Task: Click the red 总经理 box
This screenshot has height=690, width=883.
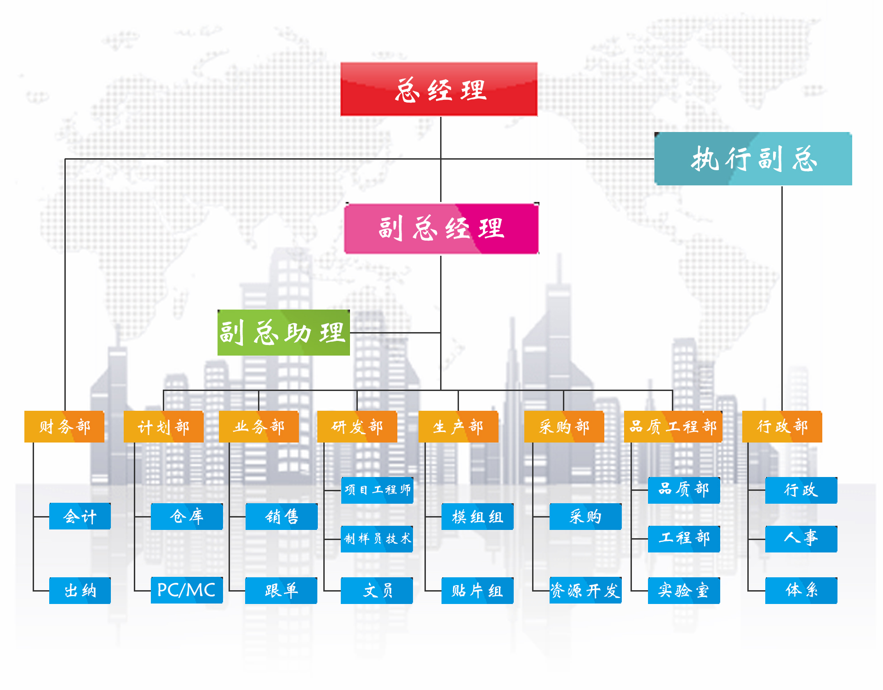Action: click(439, 89)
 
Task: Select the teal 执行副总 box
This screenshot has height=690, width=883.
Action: click(753, 159)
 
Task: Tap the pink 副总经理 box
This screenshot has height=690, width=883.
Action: click(441, 229)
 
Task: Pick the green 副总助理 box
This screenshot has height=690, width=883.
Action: click(283, 333)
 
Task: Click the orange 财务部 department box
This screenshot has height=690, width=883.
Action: click(64, 426)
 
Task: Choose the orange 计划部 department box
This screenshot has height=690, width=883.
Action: click(163, 426)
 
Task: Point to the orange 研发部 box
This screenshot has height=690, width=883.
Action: click(357, 426)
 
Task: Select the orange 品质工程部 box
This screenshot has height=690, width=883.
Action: click(673, 426)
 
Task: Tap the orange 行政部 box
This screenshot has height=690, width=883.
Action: click(782, 426)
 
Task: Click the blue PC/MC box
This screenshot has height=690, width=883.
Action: click(186, 590)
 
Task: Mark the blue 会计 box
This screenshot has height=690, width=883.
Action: click(80, 516)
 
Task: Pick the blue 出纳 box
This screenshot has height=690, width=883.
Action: click(80, 590)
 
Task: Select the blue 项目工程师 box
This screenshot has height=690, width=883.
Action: click(377, 490)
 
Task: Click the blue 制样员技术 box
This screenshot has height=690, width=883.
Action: click(377, 539)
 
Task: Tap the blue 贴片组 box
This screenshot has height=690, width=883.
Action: click(477, 590)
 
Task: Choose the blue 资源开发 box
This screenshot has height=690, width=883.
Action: click(585, 590)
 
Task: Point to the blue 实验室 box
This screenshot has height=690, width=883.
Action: click(683, 590)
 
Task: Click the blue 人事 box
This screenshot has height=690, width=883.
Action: click(801, 539)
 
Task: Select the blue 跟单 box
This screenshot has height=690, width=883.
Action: click(281, 590)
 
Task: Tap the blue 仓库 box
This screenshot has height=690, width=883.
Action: click(186, 516)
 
